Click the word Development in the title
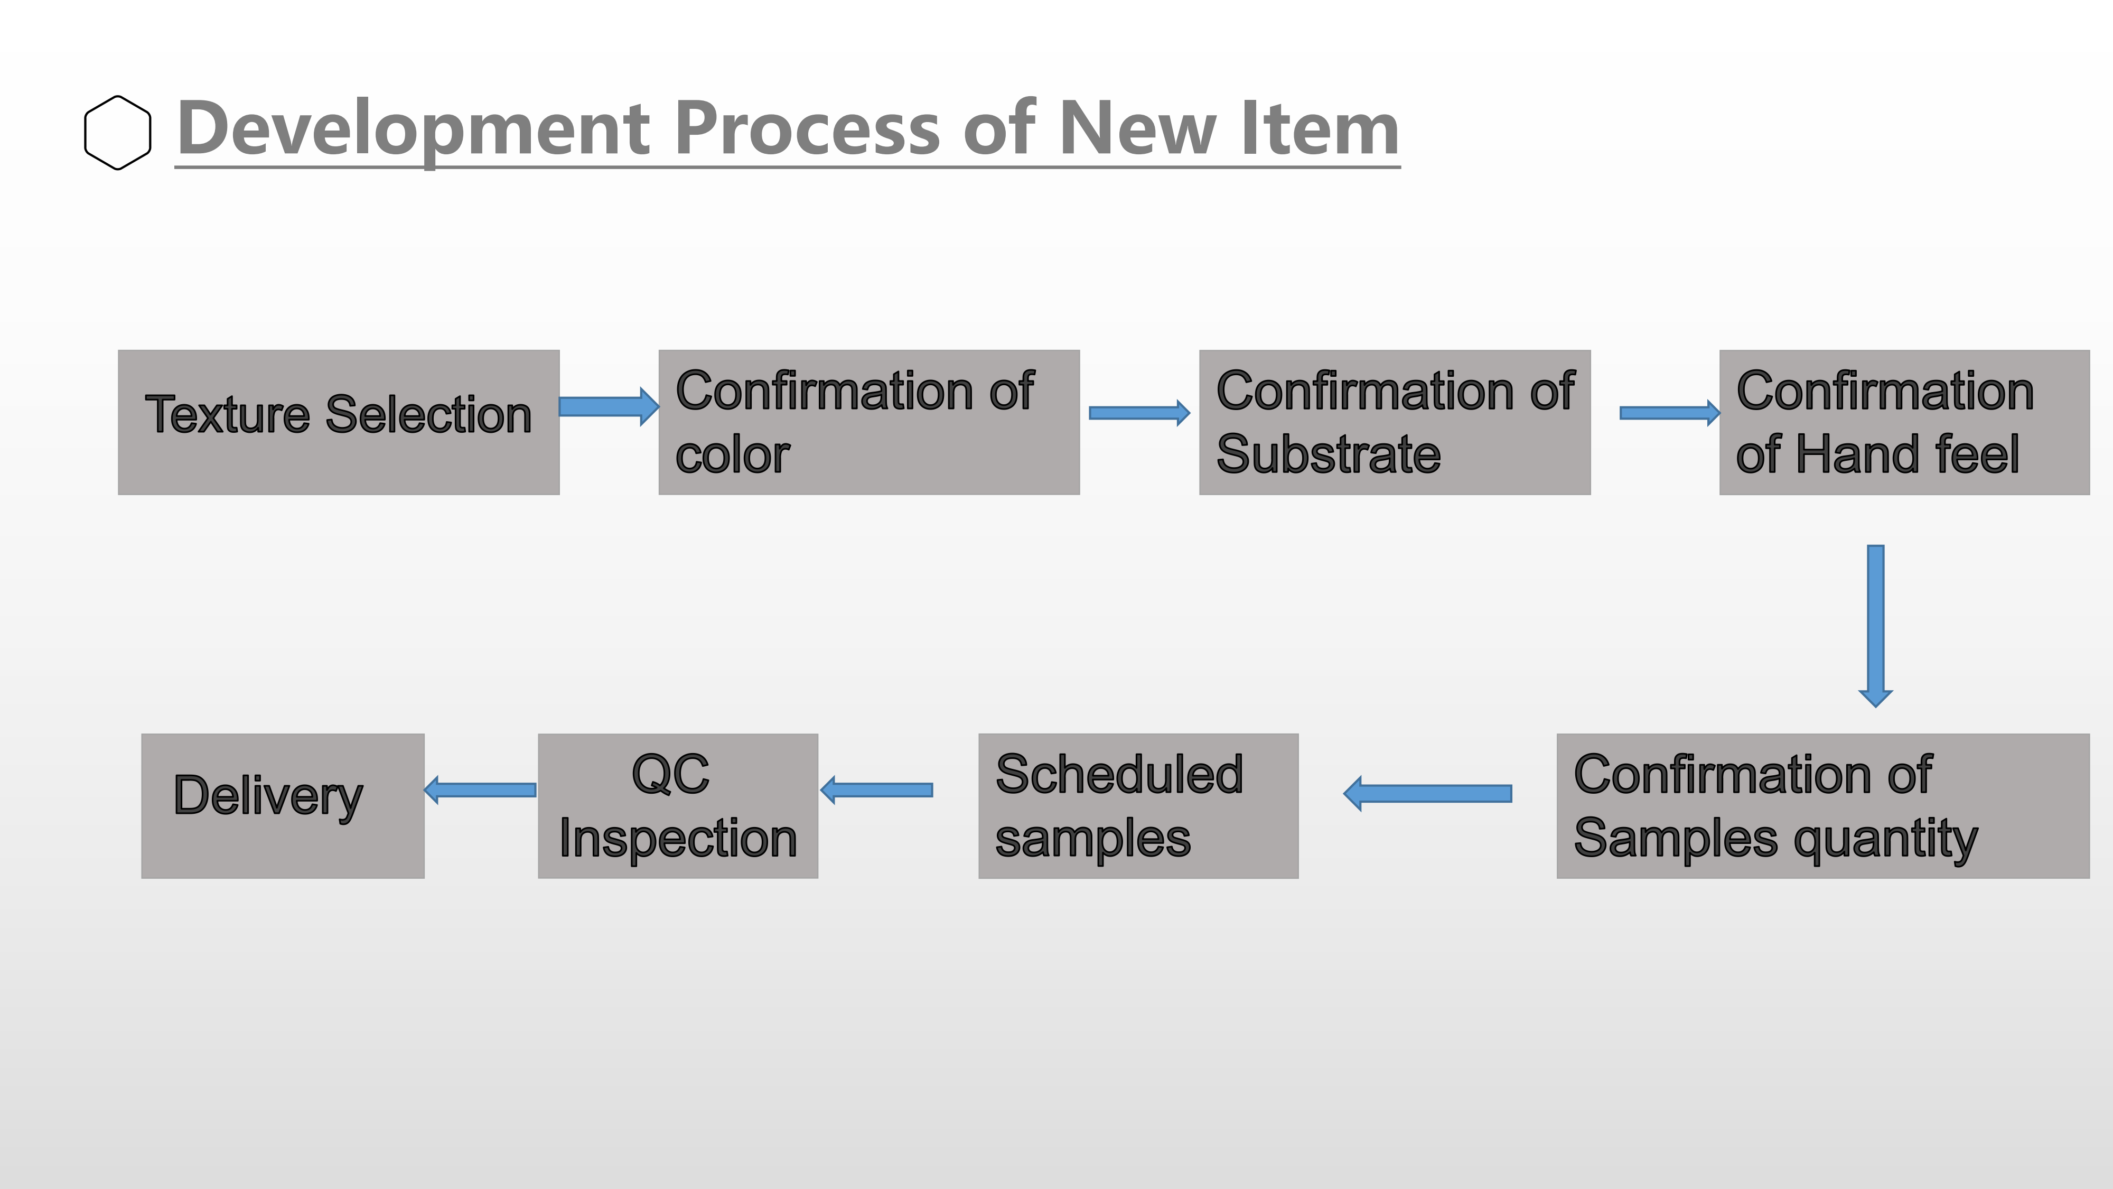pyautogui.click(x=414, y=129)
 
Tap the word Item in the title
pyautogui.click(x=1320, y=129)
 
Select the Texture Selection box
pyautogui.click(x=339, y=423)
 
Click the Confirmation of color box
pyautogui.click(x=868, y=423)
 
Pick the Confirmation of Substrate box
pyautogui.click(x=1395, y=423)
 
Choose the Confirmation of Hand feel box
pyautogui.click(x=1904, y=423)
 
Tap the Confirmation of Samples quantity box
pyautogui.click(x=1822, y=806)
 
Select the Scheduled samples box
pyautogui.click(x=1138, y=806)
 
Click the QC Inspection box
pyautogui.click(x=678, y=806)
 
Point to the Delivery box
pyautogui.click(x=283, y=806)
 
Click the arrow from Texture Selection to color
pyautogui.click(x=609, y=406)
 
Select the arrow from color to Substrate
pyautogui.click(x=1139, y=413)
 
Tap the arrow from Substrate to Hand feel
pyautogui.click(x=1670, y=413)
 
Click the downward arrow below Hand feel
pyautogui.click(x=1875, y=625)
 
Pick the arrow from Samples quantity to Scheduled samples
pyautogui.click(x=1427, y=794)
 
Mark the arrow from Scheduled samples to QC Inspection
pyautogui.click(x=876, y=790)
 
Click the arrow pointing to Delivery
pyautogui.click(x=480, y=790)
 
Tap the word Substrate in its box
pyautogui.click(x=1328, y=454)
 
